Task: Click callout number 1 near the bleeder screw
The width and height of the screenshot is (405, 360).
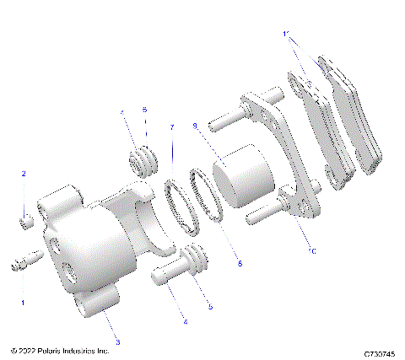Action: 23,301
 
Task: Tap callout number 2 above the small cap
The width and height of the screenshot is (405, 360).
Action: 24,174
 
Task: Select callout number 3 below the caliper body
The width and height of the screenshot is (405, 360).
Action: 117,341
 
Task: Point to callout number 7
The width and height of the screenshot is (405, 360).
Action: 172,127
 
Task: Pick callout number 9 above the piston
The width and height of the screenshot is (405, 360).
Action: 195,126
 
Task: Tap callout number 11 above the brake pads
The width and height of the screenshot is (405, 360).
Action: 287,35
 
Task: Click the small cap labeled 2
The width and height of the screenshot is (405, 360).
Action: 26,223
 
